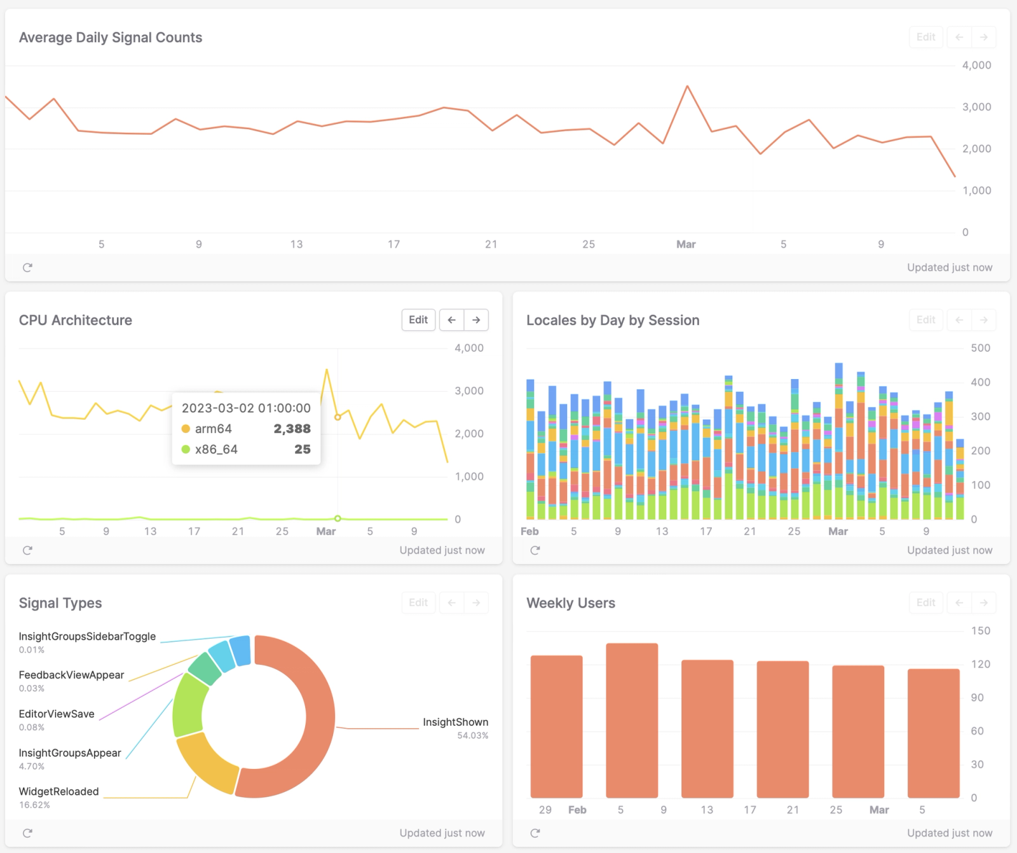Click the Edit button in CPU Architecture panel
pyautogui.click(x=418, y=320)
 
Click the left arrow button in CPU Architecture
pyautogui.click(x=451, y=320)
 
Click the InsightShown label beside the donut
pyautogui.click(x=455, y=722)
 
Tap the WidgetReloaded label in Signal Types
pyautogui.click(x=58, y=791)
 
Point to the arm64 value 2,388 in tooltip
pyautogui.click(x=292, y=429)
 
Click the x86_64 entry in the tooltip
pyautogui.click(x=216, y=449)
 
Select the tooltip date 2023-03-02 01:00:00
pyautogui.click(x=246, y=408)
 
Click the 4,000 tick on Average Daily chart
pyautogui.click(x=976, y=66)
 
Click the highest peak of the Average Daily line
pyautogui.click(x=687, y=87)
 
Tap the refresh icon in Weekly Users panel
pyautogui.click(x=535, y=833)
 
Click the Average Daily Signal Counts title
pyautogui.click(x=111, y=38)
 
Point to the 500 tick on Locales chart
pyautogui.click(x=980, y=348)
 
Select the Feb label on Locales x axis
pyautogui.click(x=529, y=531)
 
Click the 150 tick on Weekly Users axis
pyautogui.click(x=980, y=631)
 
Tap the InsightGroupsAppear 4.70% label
pyautogui.click(x=70, y=753)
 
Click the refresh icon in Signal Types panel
pyautogui.click(x=27, y=833)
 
